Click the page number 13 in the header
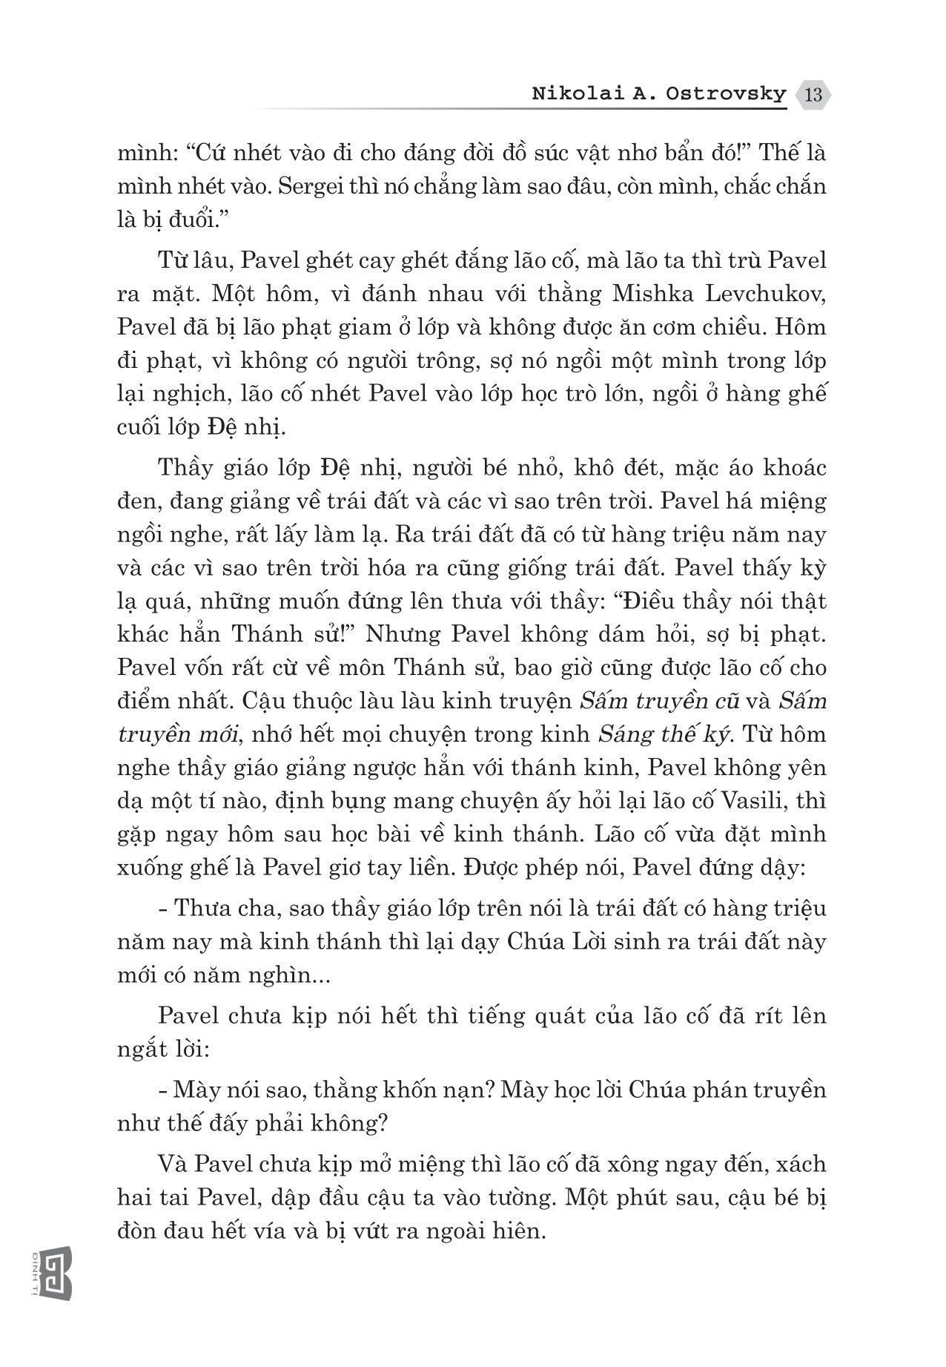point(813,95)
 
